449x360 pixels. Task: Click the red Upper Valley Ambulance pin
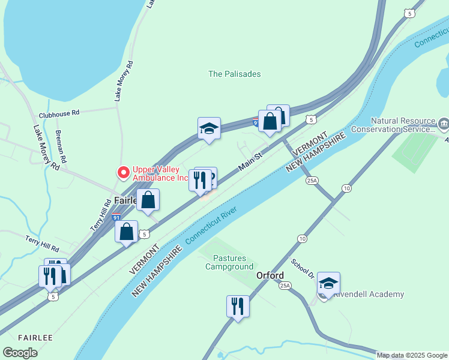[x=124, y=173]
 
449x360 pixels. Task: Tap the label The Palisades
[x=235, y=74]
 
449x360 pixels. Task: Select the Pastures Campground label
[x=229, y=262]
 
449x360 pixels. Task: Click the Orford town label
[x=270, y=275]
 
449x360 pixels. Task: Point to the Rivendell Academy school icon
[x=328, y=283]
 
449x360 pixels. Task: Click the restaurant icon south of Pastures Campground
[x=238, y=306]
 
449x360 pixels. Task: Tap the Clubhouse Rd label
[x=59, y=113]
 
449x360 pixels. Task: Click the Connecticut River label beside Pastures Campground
[x=211, y=225]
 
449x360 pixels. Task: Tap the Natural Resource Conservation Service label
[x=393, y=125]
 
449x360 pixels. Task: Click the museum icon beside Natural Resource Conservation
[x=443, y=125]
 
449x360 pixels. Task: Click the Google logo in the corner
[x=20, y=352]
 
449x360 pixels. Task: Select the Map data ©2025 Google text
[x=412, y=355]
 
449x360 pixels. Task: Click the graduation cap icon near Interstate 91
[x=209, y=128]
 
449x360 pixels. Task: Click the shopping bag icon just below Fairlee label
[x=148, y=200]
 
